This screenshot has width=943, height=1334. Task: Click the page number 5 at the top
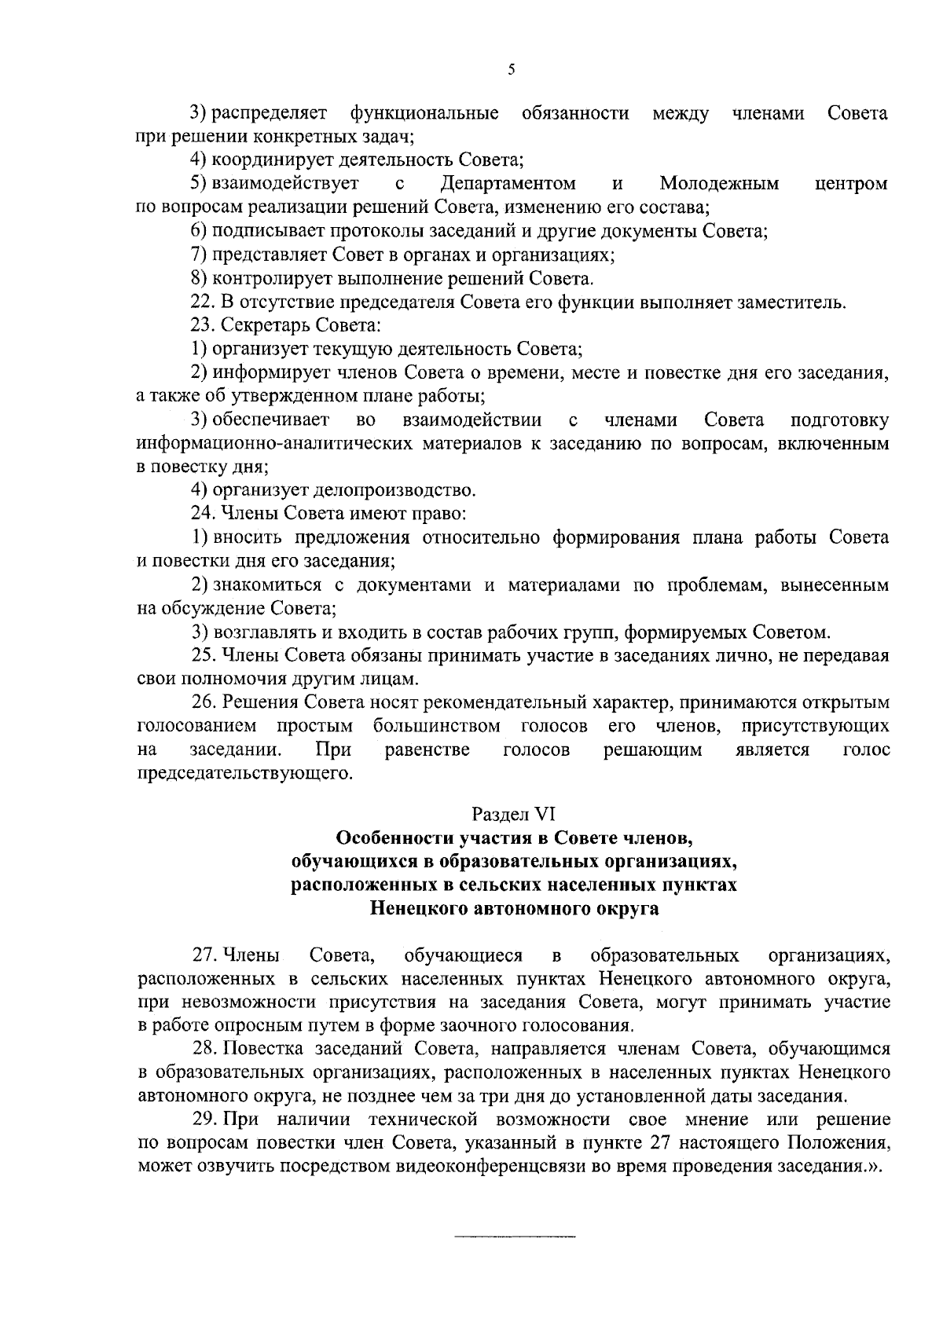pyautogui.click(x=512, y=70)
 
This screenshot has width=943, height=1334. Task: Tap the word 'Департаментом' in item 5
pyautogui.click(x=508, y=184)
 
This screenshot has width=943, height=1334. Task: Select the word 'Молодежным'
pyautogui.click(x=719, y=184)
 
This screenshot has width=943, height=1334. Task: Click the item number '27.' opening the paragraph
pyautogui.click(x=205, y=956)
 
